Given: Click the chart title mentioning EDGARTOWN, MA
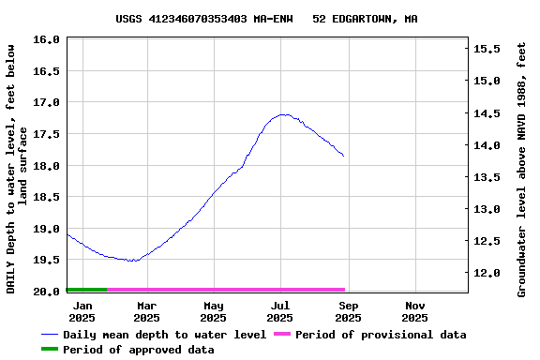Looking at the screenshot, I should [267, 18].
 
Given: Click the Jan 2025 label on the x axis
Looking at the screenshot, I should [82, 311].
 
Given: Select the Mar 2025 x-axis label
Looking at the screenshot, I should [146, 311].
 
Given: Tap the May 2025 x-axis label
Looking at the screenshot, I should [214, 311].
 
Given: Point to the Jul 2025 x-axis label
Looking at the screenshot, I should [280, 311].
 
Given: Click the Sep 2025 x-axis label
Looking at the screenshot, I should [348, 311].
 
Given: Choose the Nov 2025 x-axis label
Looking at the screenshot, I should [415, 311].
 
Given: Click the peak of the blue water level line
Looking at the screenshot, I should [283, 114].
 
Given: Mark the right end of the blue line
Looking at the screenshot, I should [344, 156].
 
